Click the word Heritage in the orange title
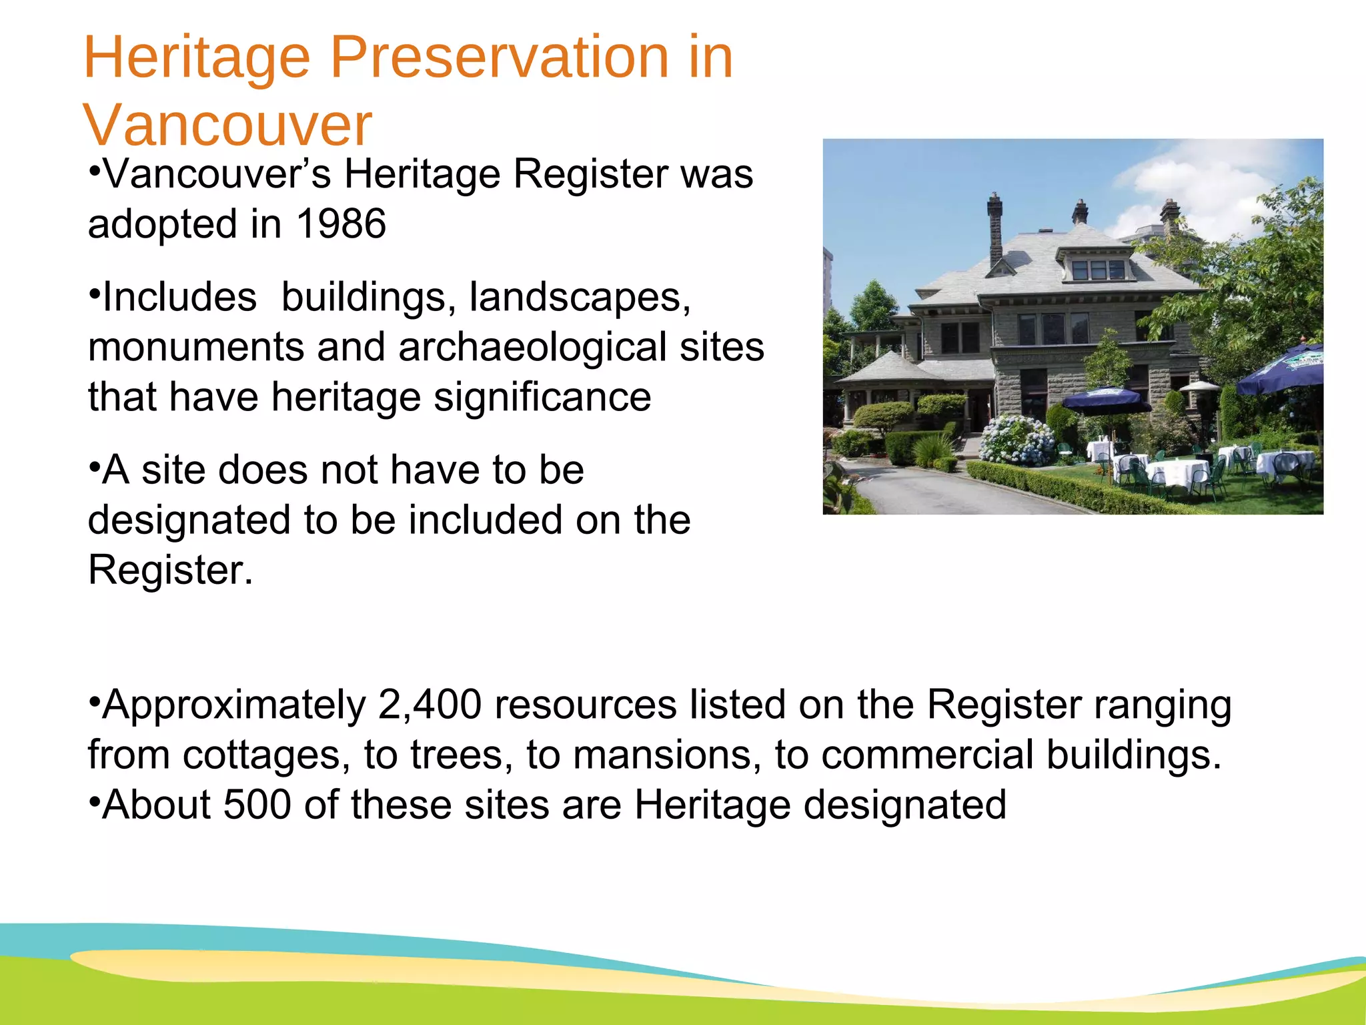click(197, 59)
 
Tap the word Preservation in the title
click(499, 59)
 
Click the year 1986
click(341, 224)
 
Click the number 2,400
click(430, 705)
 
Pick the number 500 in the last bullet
click(257, 805)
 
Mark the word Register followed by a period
click(170, 571)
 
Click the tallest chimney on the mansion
click(995, 227)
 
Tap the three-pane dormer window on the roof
click(1098, 270)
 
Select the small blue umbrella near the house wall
click(1105, 398)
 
